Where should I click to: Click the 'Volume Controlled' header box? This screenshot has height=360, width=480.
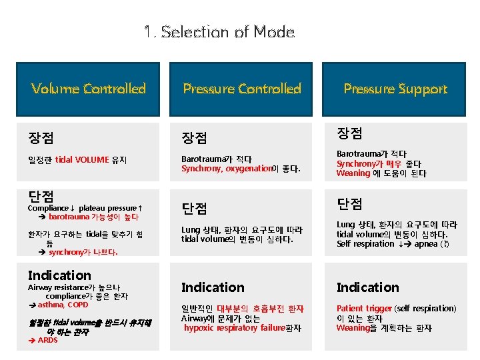(x=88, y=89)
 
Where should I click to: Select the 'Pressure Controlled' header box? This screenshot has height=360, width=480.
(x=242, y=89)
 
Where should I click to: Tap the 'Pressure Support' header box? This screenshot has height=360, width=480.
(x=395, y=89)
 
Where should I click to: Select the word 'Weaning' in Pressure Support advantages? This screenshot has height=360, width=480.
(x=353, y=173)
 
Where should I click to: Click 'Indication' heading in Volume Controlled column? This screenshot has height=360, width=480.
(x=59, y=275)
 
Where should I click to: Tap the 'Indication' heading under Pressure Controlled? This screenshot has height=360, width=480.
(x=213, y=287)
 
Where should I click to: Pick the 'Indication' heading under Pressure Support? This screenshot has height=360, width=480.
(x=367, y=287)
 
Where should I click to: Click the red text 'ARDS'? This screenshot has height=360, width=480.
(x=48, y=340)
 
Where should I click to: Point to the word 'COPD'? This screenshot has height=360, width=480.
(x=78, y=305)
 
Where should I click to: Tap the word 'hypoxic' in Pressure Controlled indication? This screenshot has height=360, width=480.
(x=199, y=328)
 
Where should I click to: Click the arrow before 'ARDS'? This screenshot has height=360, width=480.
(x=32, y=340)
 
